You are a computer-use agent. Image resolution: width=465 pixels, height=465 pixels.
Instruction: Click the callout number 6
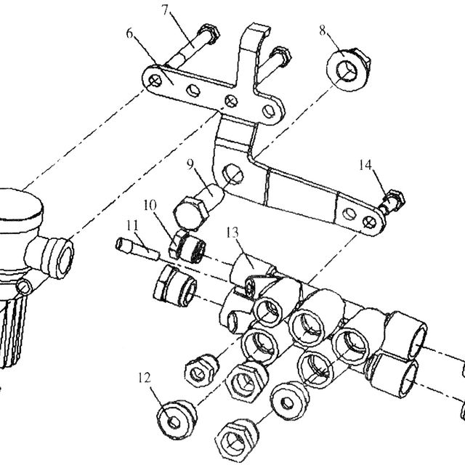(x=129, y=33)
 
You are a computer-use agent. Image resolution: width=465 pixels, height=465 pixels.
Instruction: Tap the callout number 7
(x=166, y=9)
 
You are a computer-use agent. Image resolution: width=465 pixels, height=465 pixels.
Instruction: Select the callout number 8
(x=323, y=31)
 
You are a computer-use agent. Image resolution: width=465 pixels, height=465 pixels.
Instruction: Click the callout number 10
(x=150, y=205)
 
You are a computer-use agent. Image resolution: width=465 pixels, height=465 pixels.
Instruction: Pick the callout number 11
(x=132, y=226)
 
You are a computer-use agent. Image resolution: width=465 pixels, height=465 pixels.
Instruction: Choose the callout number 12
(x=145, y=378)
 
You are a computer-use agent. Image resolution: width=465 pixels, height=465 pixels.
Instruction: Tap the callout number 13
(x=232, y=232)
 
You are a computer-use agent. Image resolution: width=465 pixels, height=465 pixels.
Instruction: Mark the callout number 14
(x=365, y=165)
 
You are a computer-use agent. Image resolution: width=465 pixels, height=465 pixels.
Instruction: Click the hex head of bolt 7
(x=210, y=34)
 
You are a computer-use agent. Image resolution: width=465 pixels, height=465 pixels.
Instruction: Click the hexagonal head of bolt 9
(x=190, y=214)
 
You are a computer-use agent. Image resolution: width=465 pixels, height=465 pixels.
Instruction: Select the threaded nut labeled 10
(x=187, y=248)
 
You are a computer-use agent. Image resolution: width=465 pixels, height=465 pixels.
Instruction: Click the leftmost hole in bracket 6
(x=155, y=81)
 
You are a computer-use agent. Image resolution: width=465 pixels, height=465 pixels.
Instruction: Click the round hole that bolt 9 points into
(x=232, y=174)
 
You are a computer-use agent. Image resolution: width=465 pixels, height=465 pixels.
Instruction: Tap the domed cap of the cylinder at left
(x=17, y=205)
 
